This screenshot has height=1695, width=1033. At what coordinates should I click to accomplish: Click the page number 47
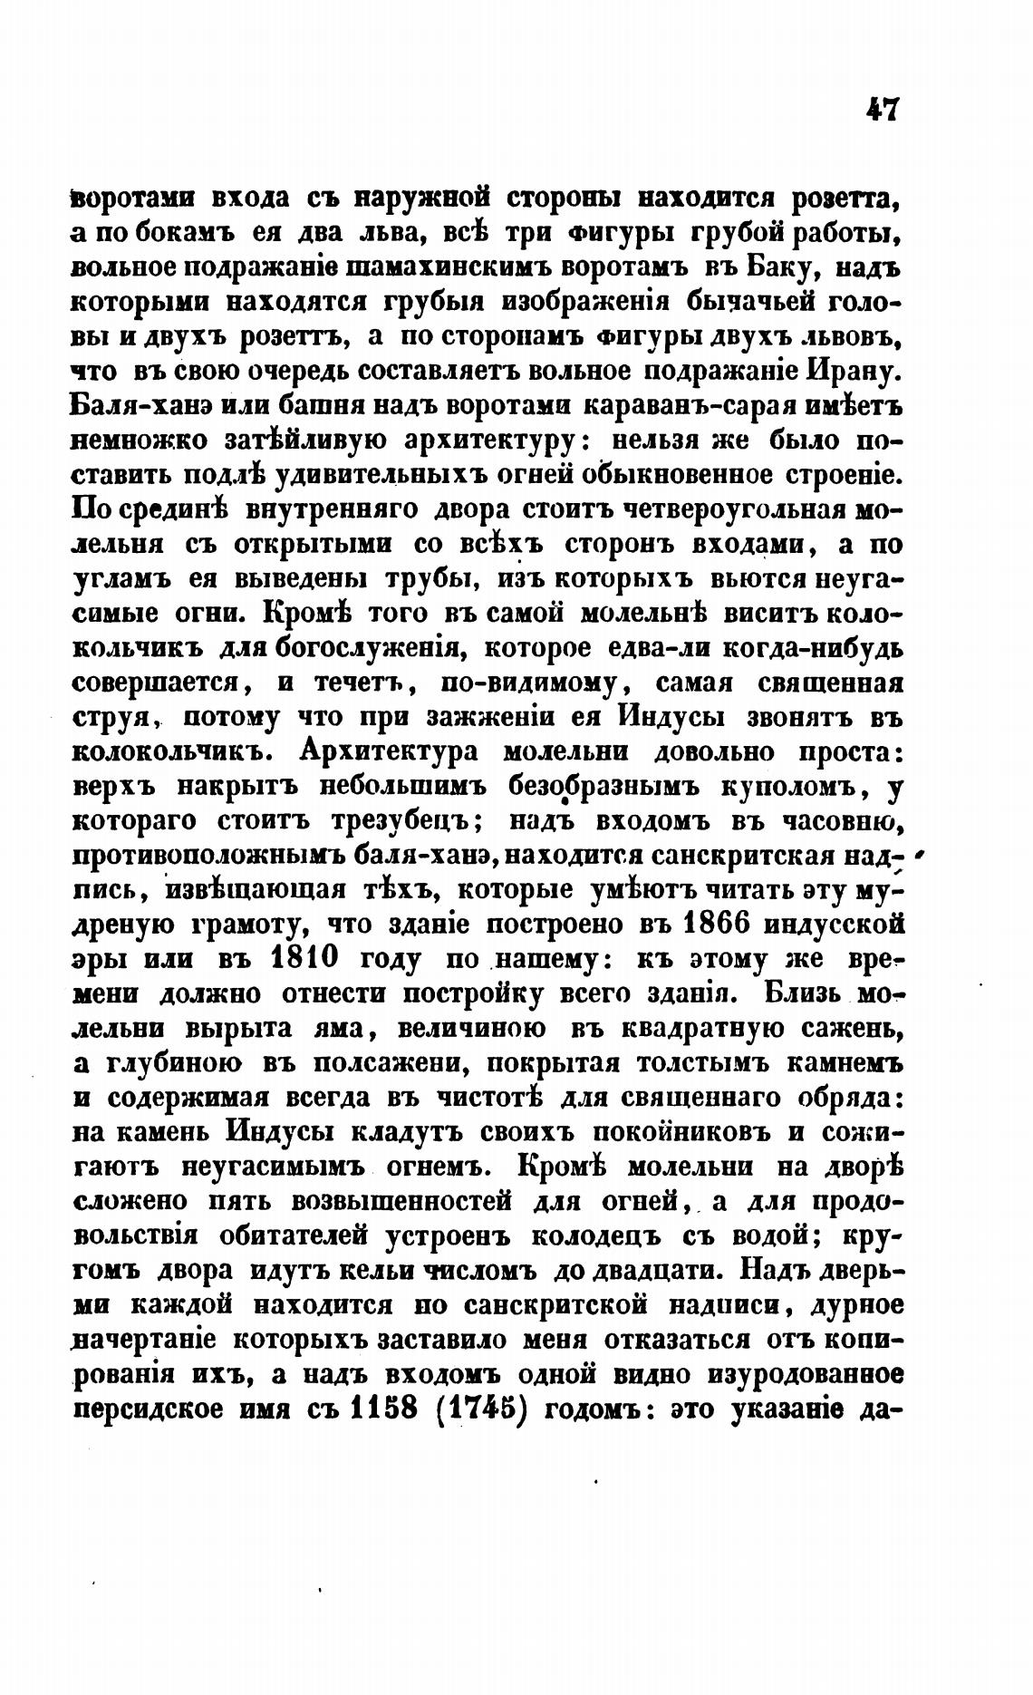coord(881,110)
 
